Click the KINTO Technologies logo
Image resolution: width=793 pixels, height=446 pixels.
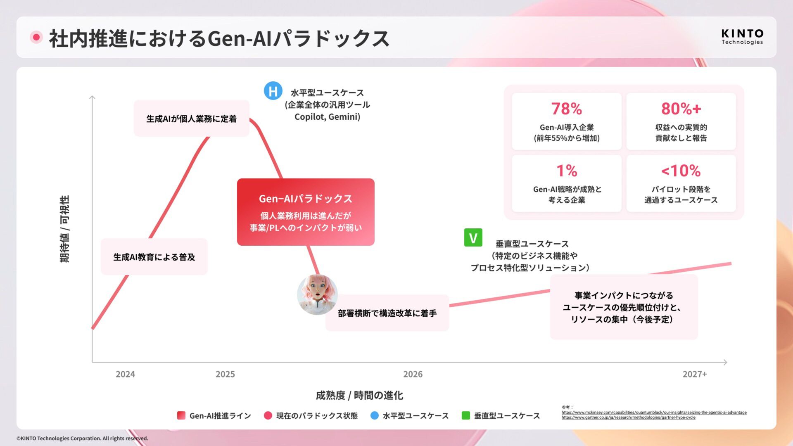tap(742, 37)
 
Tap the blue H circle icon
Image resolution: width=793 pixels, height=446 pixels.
tap(273, 91)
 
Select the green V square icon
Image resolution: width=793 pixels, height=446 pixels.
tap(473, 237)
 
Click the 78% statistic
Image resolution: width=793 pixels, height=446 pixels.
tap(566, 109)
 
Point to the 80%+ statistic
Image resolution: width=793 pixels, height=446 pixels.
tap(681, 109)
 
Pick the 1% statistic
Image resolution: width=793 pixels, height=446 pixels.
tap(566, 171)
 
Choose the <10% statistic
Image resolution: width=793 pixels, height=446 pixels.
tap(681, 171)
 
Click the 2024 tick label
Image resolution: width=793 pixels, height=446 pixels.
tap(125, 374)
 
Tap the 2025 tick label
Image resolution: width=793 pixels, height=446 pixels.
tap(225, 374)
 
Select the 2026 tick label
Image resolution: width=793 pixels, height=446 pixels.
tap(413, 374)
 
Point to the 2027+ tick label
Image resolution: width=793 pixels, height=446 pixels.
tap(694, 374)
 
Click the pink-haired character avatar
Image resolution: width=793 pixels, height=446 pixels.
tap(317, 294)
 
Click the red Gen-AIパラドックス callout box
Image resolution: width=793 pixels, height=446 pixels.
tap(306, 212)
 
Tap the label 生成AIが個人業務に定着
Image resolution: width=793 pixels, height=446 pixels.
tap(191, 119)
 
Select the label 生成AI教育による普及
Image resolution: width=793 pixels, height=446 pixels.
tap(154, 257)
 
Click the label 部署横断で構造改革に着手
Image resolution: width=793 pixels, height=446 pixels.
tap(387, 313)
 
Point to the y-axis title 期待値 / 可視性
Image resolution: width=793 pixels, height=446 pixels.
tap(65, 229)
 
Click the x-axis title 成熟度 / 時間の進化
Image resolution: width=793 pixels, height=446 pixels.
tap(359, 395)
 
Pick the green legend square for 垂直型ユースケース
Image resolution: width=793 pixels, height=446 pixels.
tap(465, 415)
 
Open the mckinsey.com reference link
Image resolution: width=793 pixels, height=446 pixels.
tap(654, 413)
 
